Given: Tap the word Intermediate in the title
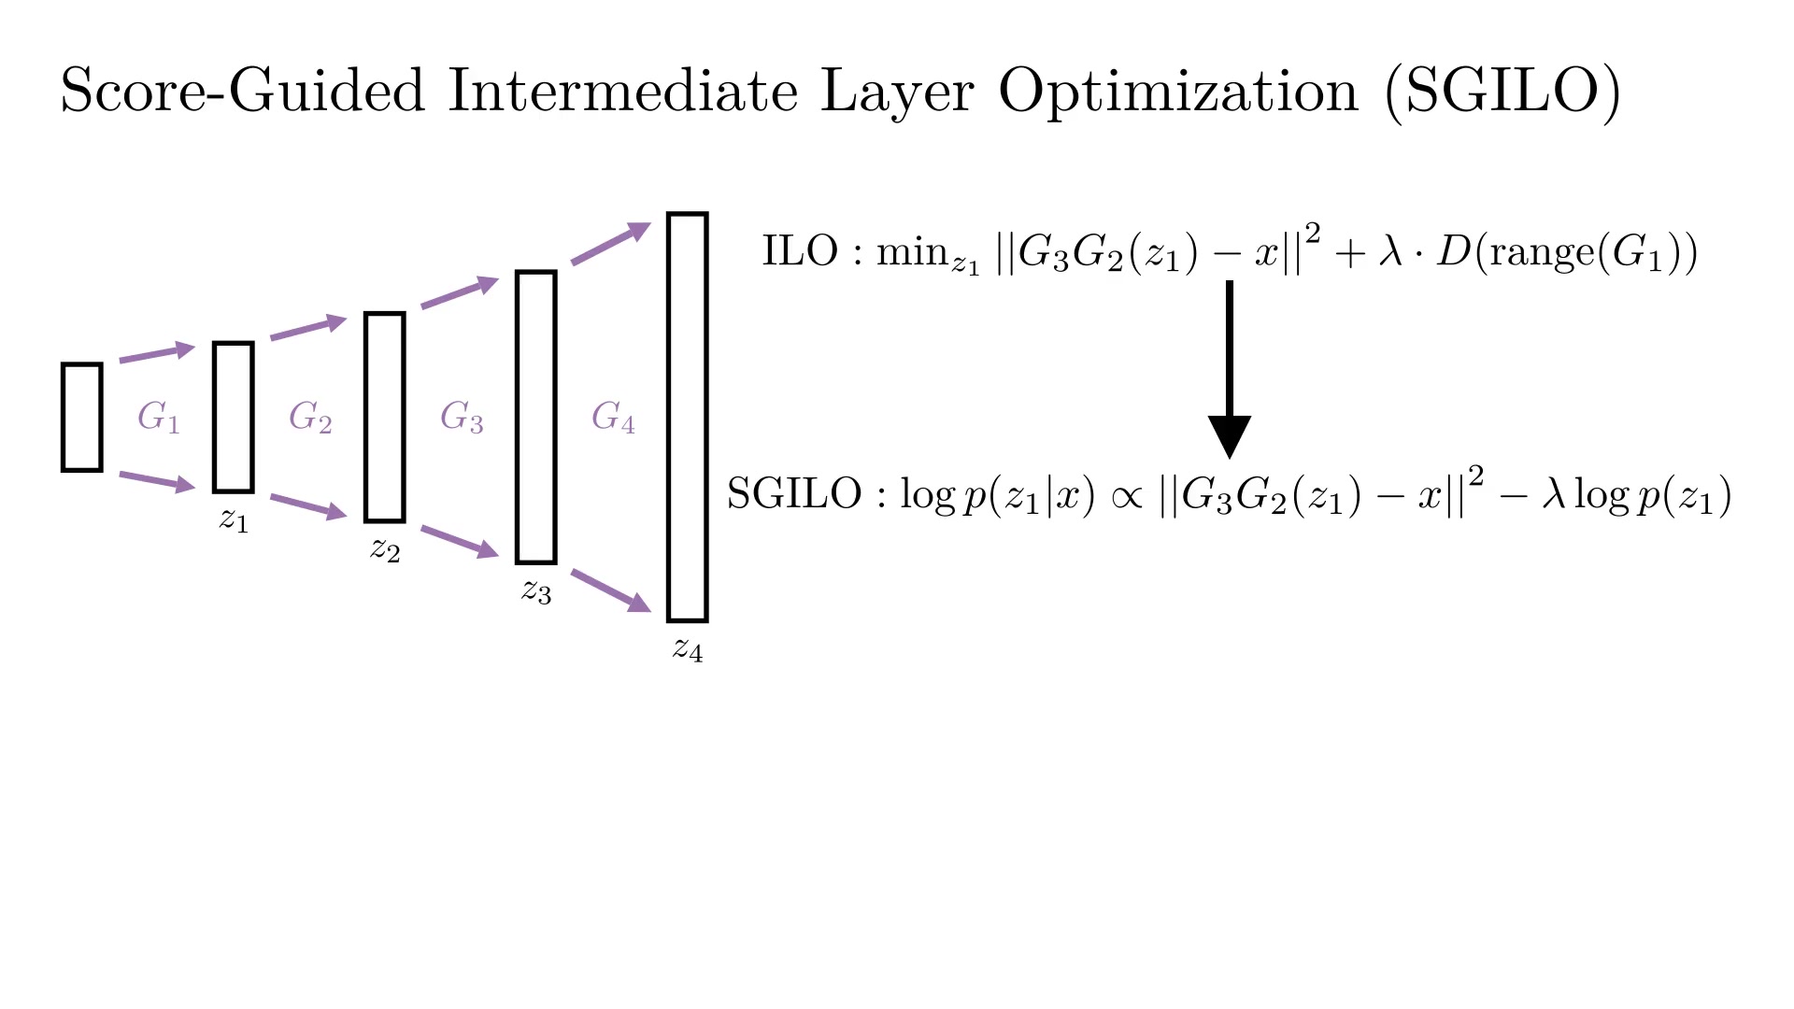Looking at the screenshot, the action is click(x=623, y=91).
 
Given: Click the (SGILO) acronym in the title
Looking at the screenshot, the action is click(x=1503, y=92).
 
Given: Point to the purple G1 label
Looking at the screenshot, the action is click(x=158, y=417).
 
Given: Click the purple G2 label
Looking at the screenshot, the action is click(x=310, y=417).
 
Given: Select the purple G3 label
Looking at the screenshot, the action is click(x=462, y=417).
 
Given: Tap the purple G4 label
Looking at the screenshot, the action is click(x=613, y=417).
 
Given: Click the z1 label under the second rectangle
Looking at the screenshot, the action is click(x=234, y=519).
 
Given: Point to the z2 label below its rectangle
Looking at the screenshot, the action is click(x=385, y=548).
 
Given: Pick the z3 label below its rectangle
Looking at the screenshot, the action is click(x=536, y=590).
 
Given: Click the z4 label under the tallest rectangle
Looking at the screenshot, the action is click(x=688, y=648).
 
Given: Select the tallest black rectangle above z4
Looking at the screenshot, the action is click(x=669, y=418).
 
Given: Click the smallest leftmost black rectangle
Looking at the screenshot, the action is click(x=64, y=418).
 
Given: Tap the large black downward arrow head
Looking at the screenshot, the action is click(x=1230, y=436).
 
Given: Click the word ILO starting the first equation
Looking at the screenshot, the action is click(x=800, y=251).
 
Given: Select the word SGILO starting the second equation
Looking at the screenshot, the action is click(x=794, y=493).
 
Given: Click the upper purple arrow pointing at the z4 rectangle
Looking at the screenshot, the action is click(x=611, y=243).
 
